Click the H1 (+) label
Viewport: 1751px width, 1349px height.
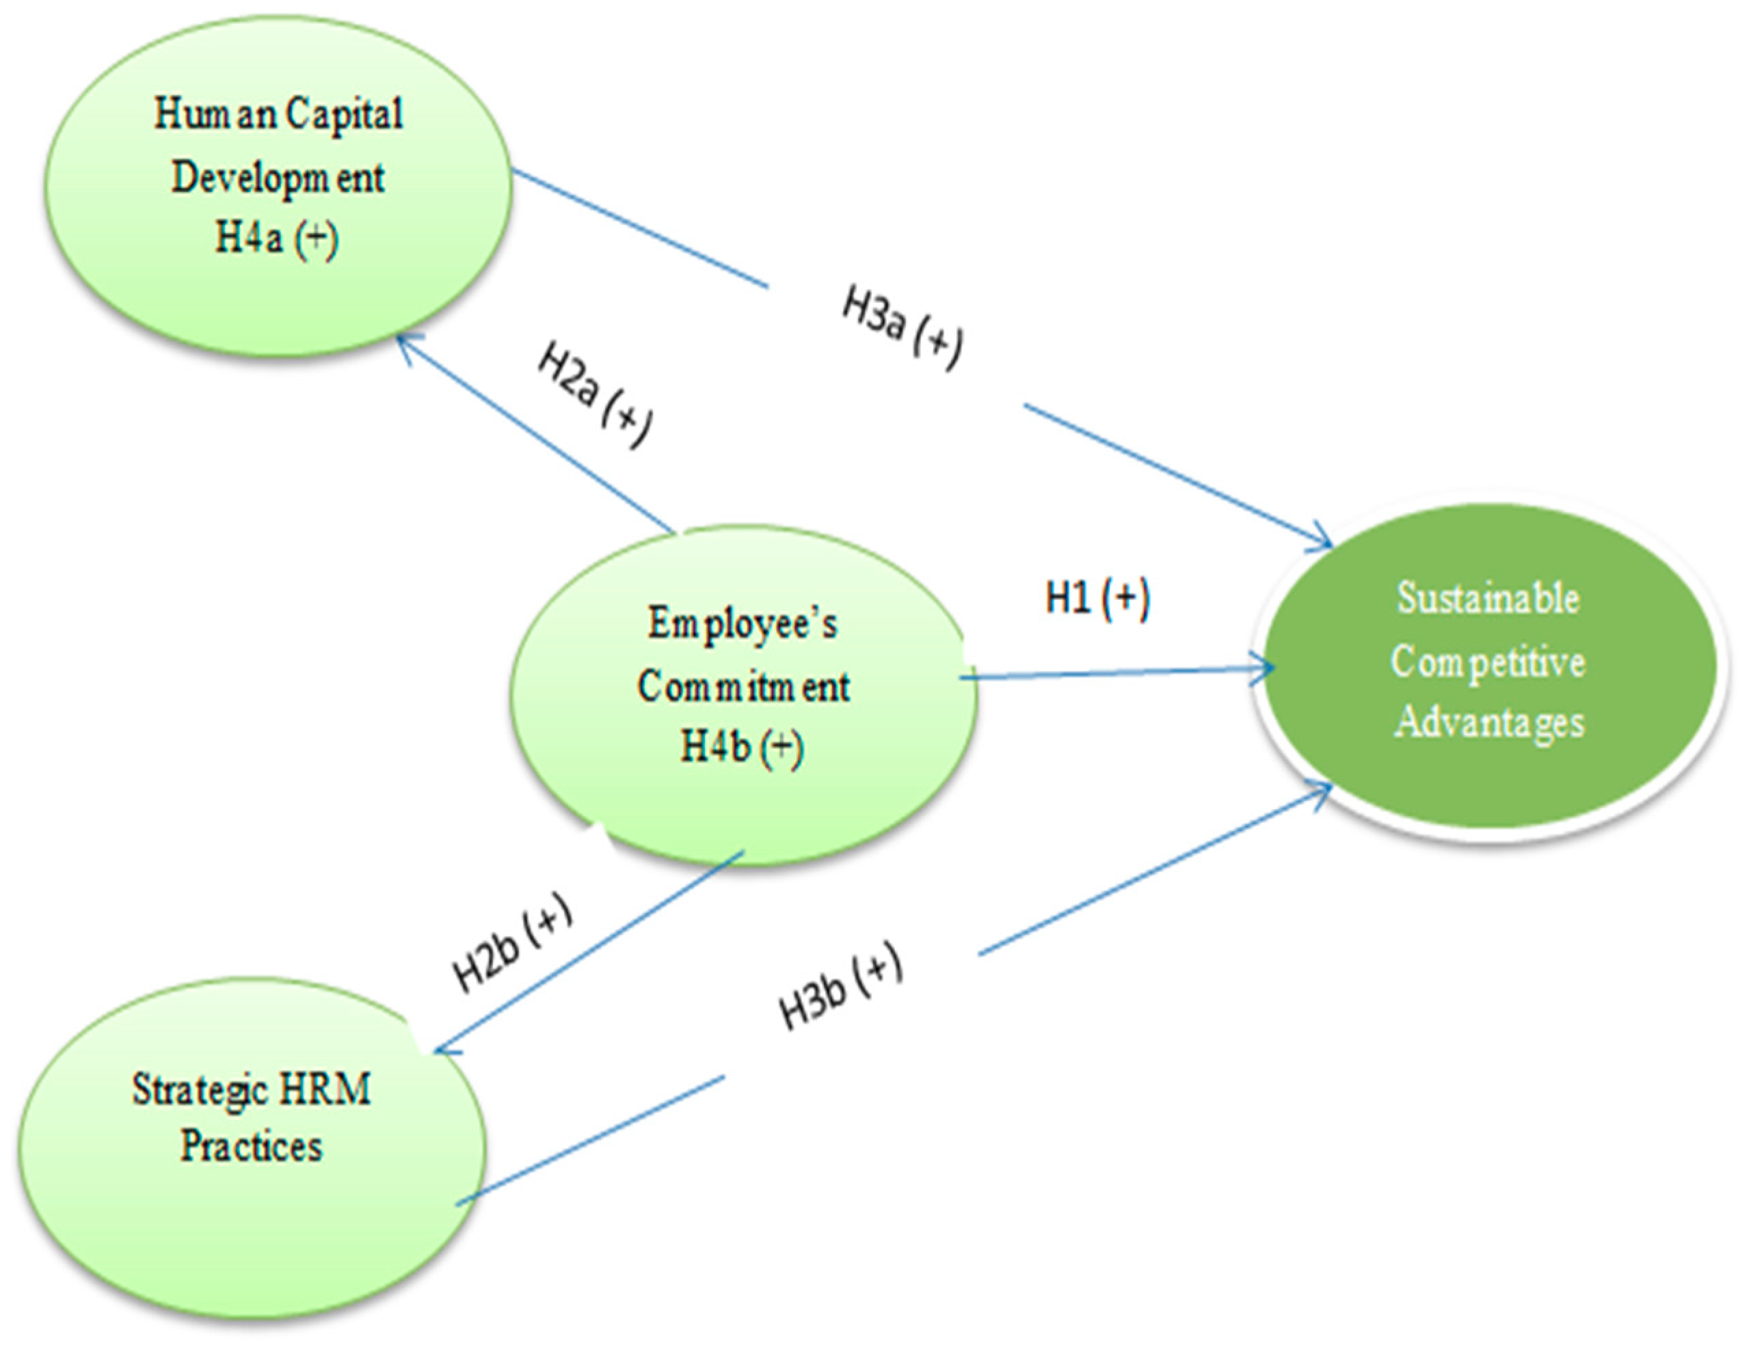pyautogui.click(x=1097, y=599)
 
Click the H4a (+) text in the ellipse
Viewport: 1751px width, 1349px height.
pyautogui.click(x=277, y=238)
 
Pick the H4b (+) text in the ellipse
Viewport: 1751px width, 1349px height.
pyautogui.click(x=742, y=747)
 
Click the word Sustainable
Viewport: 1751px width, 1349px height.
pyautogui.click(x=1488, y=599)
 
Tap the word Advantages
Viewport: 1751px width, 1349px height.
pyautogui.click(x=1489, y=722)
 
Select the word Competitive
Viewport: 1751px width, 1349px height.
pyautogui.click(x=1488, y=663)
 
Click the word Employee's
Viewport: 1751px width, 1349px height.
pyautogui.click(x=742, y=624)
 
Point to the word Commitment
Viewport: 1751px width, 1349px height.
pyautogui.click(x=743, y=687)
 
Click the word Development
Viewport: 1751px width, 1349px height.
pyautogui.click(x=278, y=177)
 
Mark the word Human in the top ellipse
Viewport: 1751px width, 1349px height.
pyautogui.click(x=215, y=115)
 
